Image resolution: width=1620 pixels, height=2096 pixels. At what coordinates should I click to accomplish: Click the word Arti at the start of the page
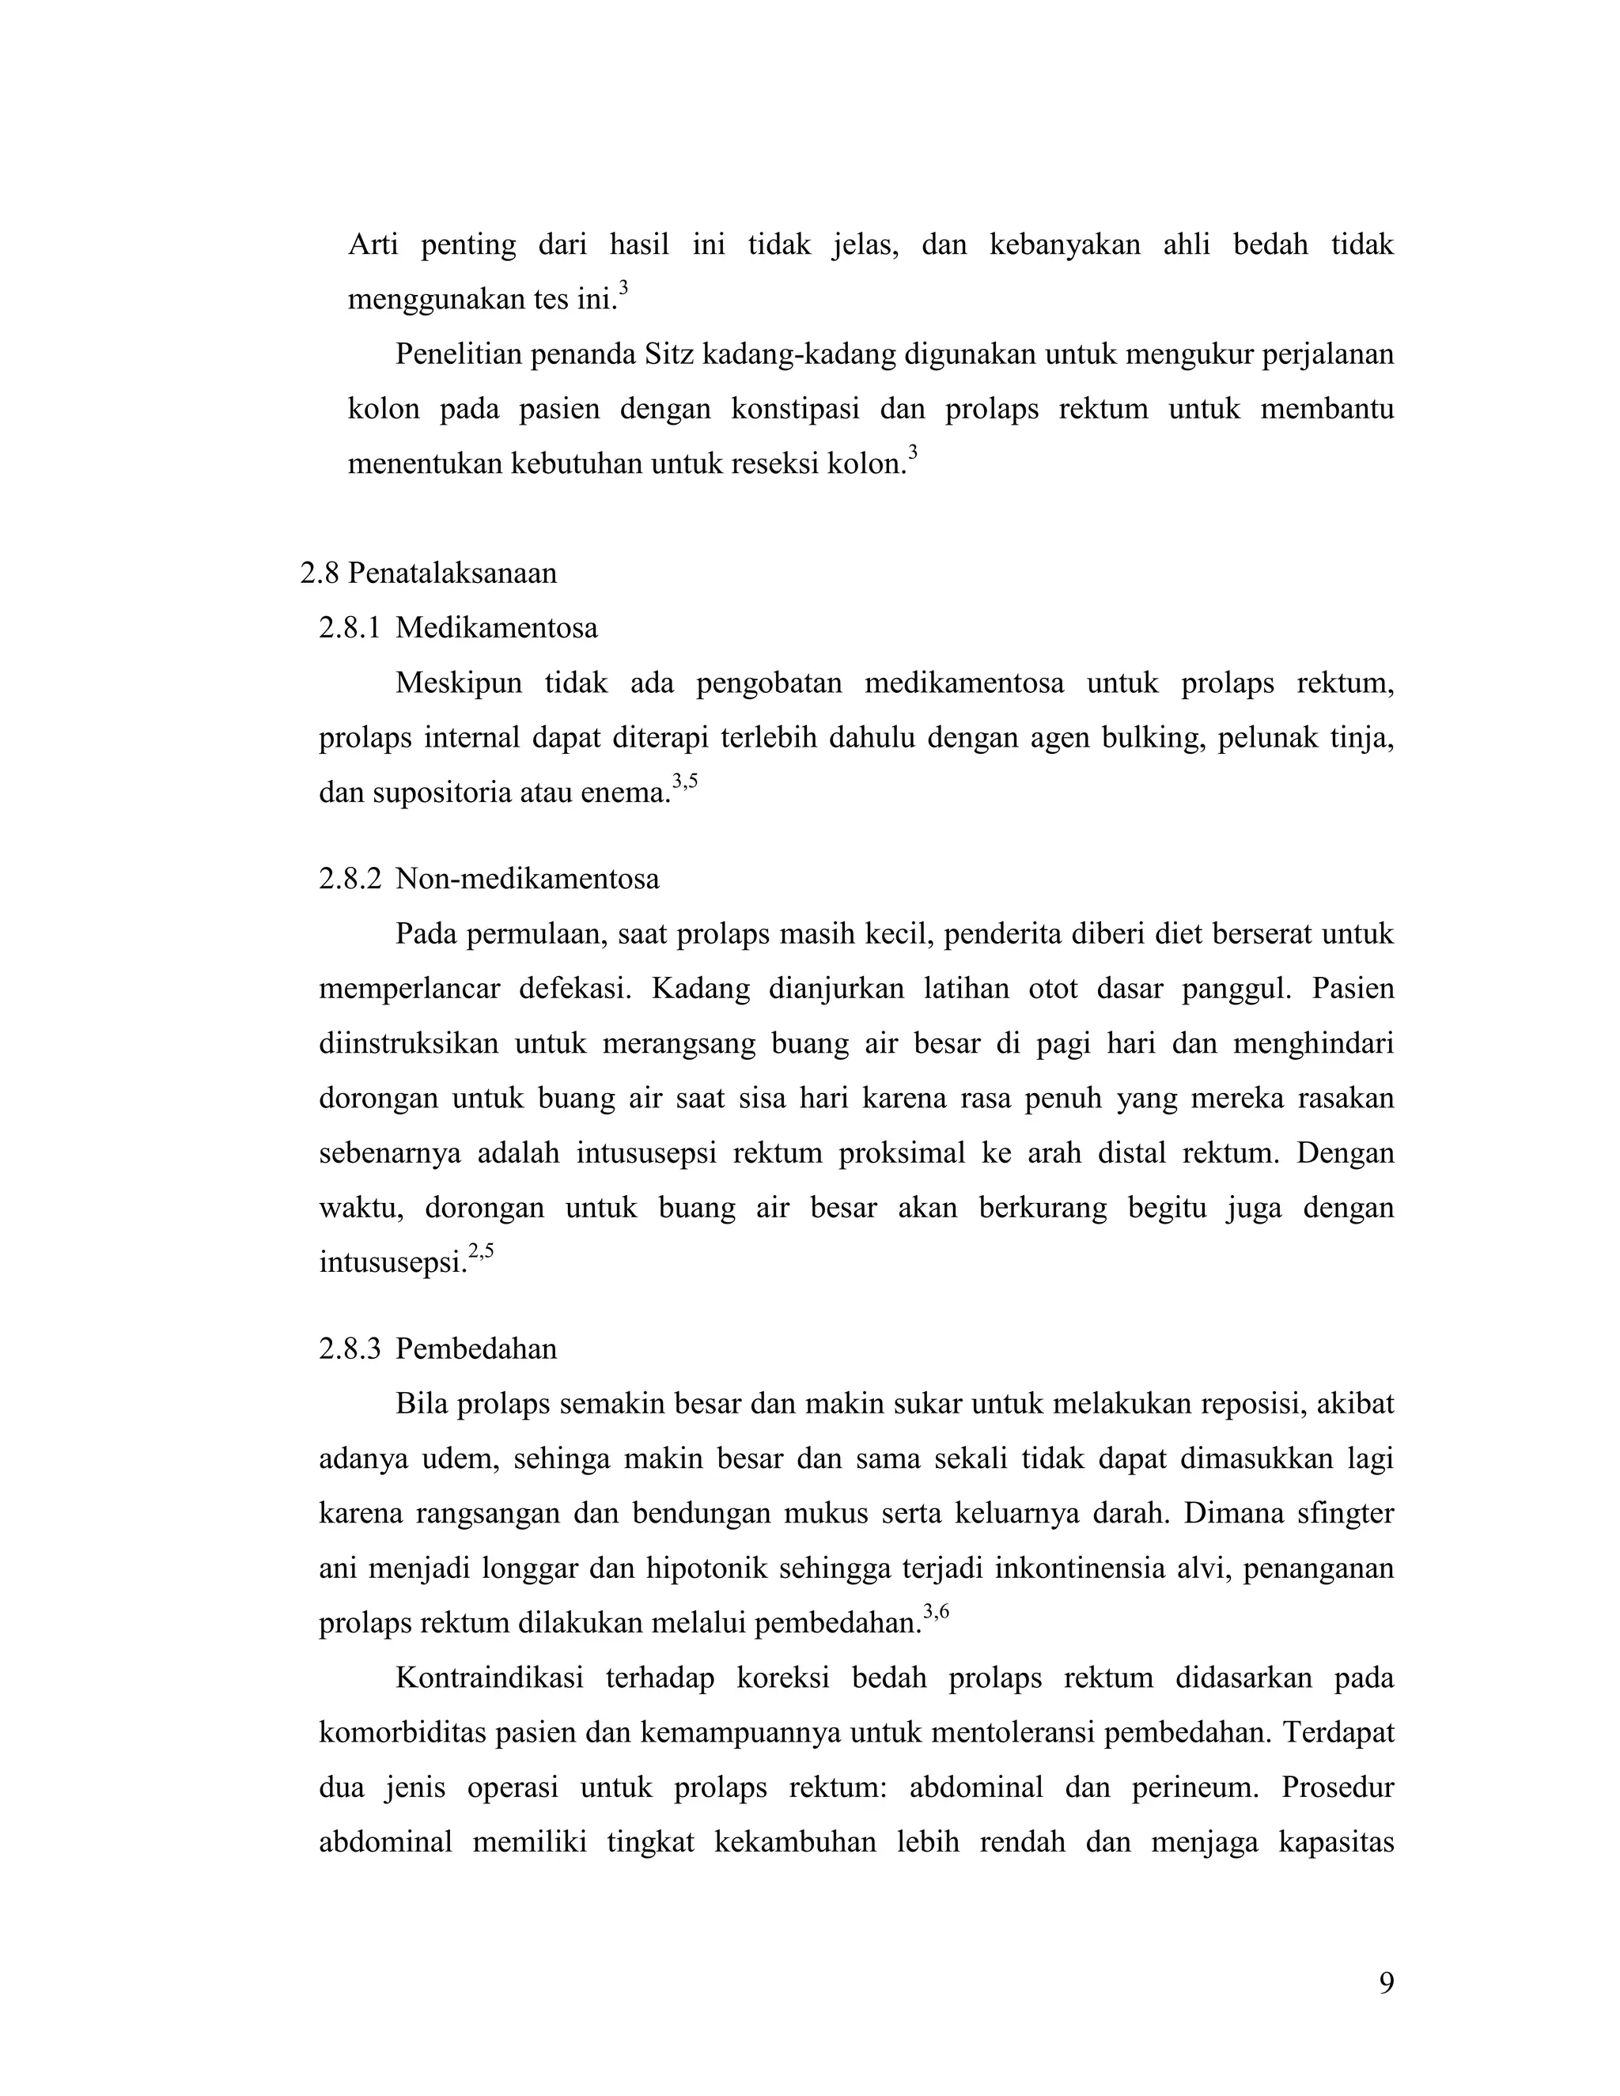373,244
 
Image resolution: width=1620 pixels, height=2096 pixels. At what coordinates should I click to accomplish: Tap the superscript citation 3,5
684,781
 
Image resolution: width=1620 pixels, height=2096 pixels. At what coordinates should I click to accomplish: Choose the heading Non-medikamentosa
527,879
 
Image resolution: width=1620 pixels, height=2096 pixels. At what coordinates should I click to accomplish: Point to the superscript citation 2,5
481,1250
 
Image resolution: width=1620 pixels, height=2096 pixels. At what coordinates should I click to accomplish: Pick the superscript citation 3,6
936,1611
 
